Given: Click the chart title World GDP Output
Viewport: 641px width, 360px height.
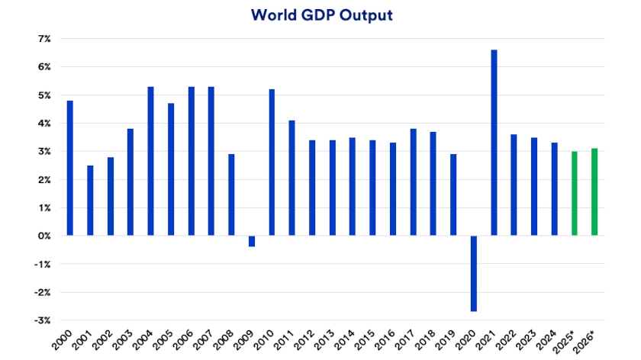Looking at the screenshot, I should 320,15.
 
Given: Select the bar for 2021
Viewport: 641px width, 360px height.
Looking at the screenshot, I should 494,143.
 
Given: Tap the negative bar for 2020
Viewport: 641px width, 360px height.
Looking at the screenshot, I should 474,273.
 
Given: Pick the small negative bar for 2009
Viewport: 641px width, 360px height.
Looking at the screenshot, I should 252,241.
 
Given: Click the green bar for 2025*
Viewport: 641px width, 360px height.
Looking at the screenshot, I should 575,194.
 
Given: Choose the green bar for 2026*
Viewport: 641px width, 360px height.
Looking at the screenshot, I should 594,192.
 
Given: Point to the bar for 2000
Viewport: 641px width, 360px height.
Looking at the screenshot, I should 70,168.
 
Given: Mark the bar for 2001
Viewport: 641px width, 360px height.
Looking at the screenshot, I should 90,201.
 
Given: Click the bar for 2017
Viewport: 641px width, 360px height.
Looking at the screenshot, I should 413,182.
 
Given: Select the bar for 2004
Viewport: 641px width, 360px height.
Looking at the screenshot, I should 150,161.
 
